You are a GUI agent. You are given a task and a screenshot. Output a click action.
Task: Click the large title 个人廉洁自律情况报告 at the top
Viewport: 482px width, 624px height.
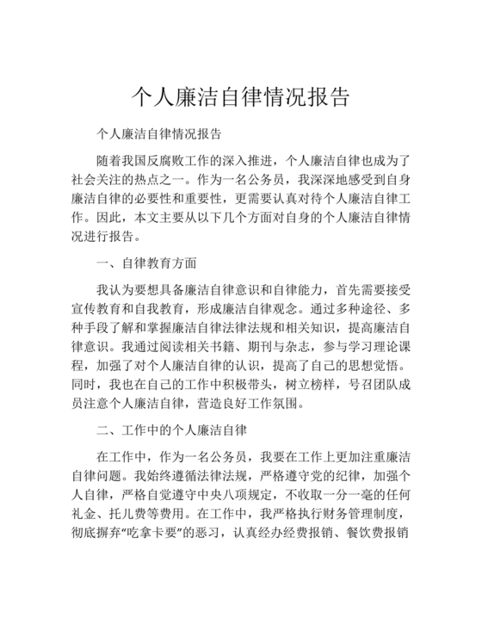(x=241, y=96)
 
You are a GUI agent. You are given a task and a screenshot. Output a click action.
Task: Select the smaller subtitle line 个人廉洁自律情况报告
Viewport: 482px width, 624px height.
(x=160, y=135)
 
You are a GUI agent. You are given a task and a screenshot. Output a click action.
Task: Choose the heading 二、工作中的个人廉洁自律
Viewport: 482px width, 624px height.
(x=172, y=429)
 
